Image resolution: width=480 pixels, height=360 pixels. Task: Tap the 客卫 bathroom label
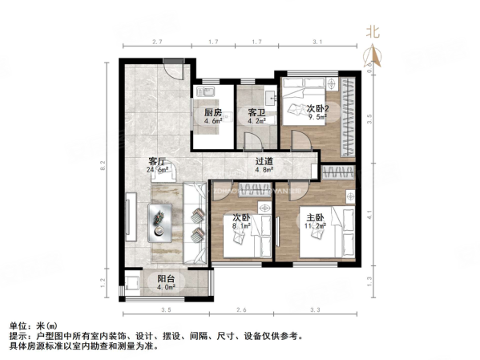pyautogui.click(x=256, y=112)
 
